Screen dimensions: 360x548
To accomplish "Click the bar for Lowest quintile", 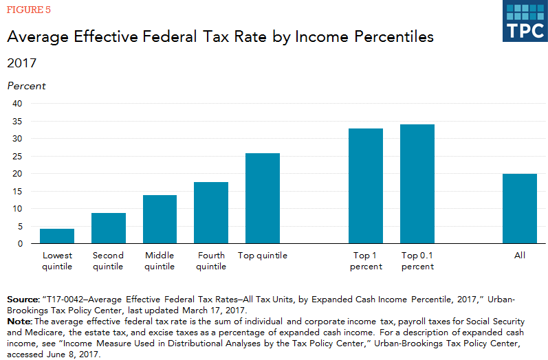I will [x=57, y=236].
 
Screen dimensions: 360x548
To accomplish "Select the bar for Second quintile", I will [x=109, y=228].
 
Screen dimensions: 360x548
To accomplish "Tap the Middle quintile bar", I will [x=160, y=219].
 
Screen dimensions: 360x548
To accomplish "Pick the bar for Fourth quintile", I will [x=211, y=213].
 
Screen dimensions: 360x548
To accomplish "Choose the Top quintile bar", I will [x=263, y=199].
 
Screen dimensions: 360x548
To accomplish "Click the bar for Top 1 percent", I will [x=366, y=186].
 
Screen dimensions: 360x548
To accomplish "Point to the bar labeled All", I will [x=520, y=209].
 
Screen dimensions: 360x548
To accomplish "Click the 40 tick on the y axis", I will [x=18, y=104].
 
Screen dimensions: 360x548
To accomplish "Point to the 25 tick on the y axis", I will [x=18, y=156].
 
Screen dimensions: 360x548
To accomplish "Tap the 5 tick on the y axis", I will [x=20, y=226].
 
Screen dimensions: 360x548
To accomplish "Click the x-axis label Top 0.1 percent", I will [x=417, y=261].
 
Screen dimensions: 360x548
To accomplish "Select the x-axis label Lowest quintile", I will [x=57, y=261].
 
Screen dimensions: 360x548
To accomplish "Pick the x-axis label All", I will [x=520, y=256].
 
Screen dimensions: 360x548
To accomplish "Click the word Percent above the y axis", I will [x=26, y=86].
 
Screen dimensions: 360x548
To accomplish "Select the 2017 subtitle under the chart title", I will [x=21, y=63].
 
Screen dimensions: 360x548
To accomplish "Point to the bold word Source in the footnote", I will [x=23, y=300].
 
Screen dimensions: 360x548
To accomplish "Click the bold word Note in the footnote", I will [x=19, y=322].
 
